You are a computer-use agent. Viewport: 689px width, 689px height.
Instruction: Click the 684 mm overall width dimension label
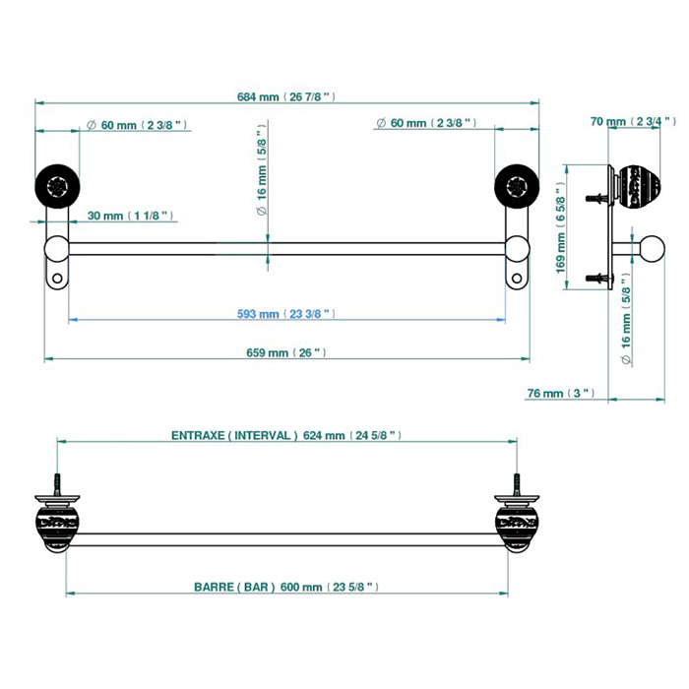286,97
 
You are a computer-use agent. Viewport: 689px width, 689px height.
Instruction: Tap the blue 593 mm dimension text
286,314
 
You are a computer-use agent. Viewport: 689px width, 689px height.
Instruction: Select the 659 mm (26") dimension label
287,352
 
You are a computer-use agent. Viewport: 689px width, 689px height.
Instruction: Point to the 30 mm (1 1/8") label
131,216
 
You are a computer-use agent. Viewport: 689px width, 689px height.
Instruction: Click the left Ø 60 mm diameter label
138,124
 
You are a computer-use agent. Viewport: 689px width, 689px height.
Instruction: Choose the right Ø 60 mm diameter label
426,123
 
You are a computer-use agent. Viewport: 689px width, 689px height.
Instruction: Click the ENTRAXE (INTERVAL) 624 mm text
286,435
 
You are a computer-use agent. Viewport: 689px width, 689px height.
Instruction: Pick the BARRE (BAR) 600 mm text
286,587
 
